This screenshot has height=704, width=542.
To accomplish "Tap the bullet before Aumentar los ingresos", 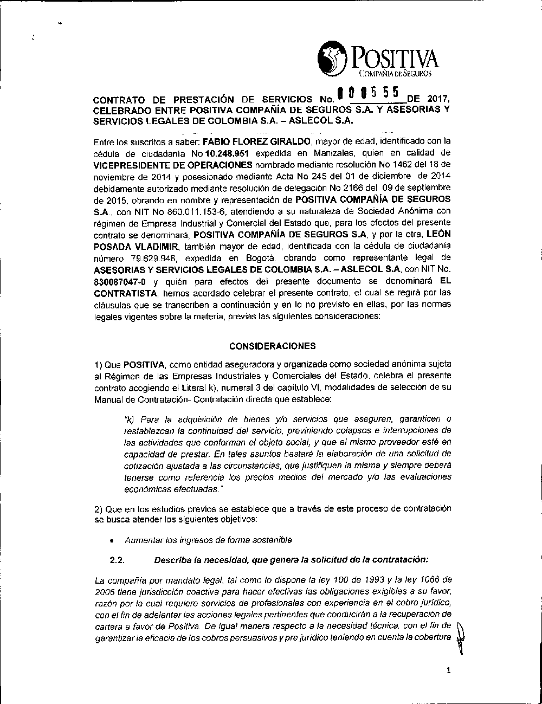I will [111, 540].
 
